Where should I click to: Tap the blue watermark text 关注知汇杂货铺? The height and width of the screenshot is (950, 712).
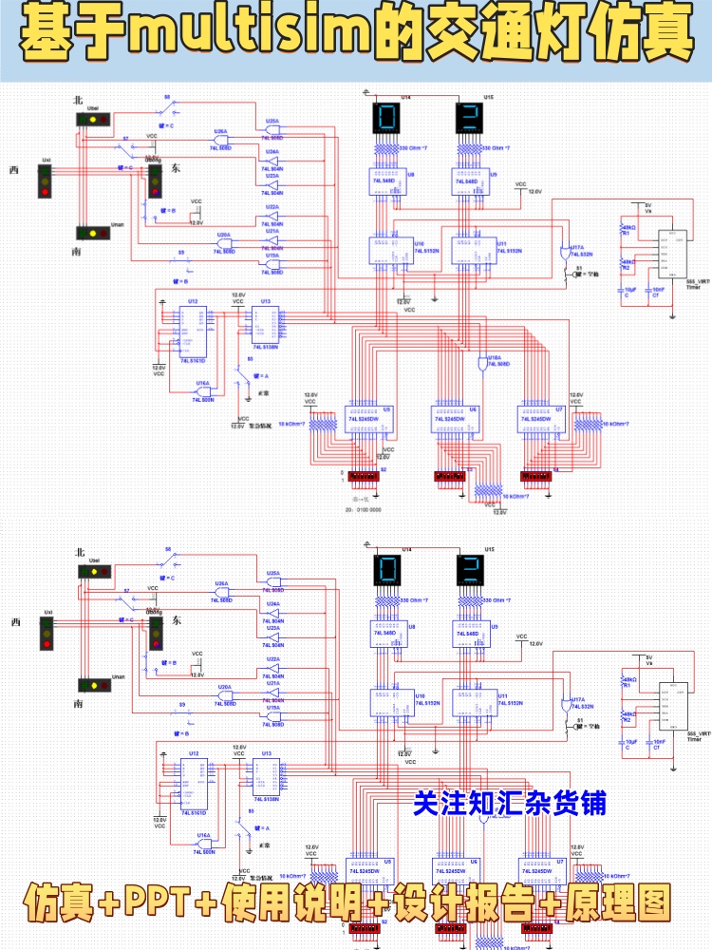[509, 803]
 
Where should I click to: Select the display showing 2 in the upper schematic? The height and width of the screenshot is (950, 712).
[469, 119]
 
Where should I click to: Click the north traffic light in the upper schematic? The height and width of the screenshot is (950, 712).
[93, 119]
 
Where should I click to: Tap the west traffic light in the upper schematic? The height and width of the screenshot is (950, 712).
[44, 180]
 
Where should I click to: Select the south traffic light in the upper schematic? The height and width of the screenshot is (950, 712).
[92, 233]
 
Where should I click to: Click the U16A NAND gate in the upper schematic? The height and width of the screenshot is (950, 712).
[203, 390]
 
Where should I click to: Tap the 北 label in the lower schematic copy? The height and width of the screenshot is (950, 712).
[80, 552]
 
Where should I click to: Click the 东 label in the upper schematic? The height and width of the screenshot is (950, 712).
[176, 168]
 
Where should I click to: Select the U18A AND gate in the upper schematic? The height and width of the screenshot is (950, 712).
[479, 364]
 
